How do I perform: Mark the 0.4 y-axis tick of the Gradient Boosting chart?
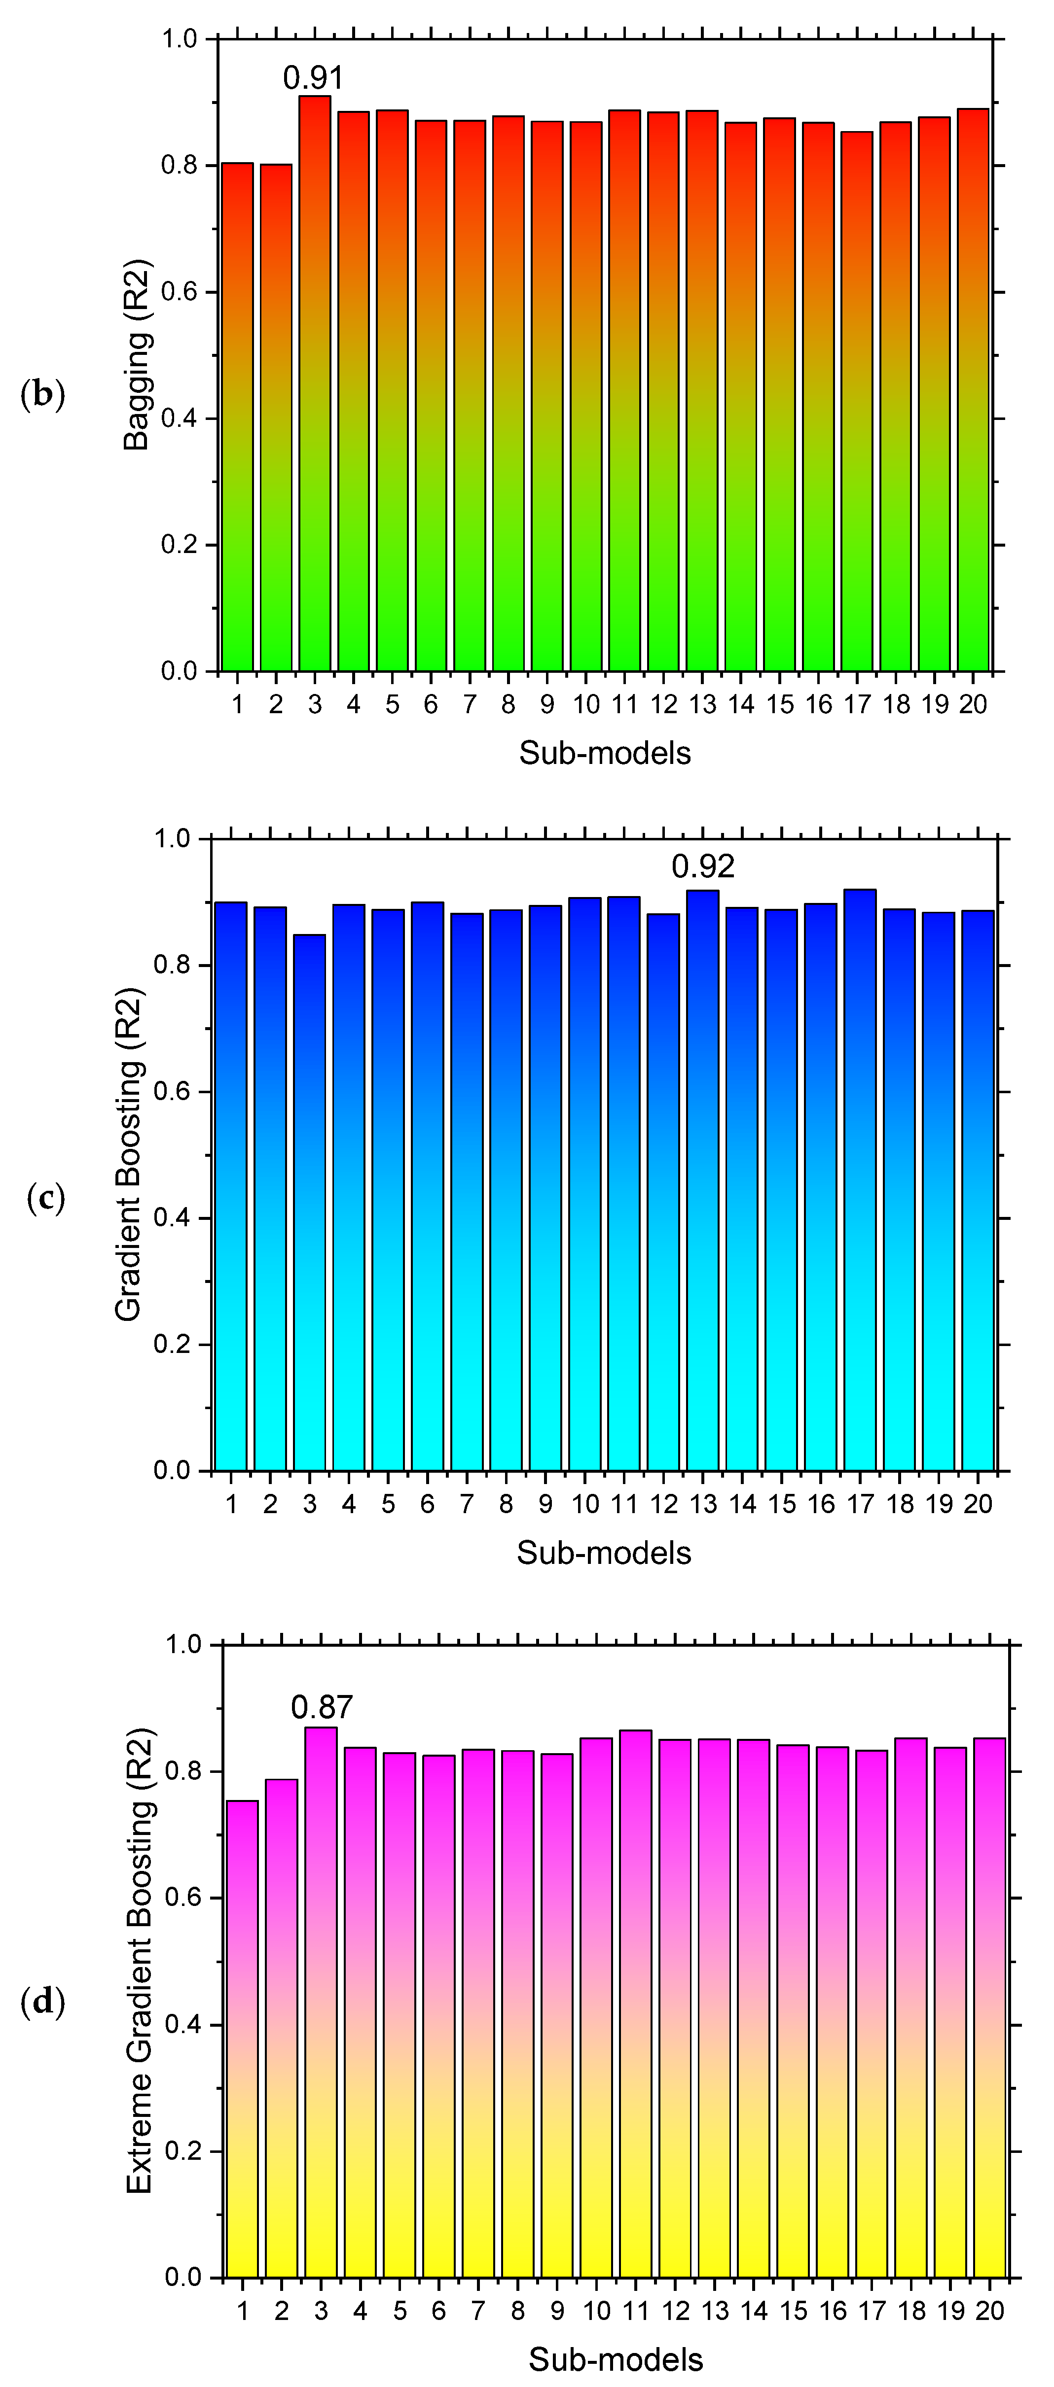pyautogui.click(x=173, y=1218)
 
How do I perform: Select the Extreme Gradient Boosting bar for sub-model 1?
pyautogui.click(x=243, y=2039)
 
